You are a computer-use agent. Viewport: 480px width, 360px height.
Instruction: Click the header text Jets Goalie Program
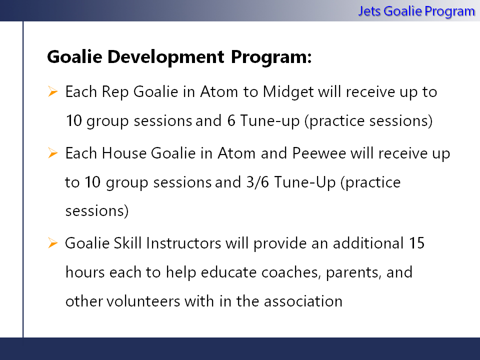416,11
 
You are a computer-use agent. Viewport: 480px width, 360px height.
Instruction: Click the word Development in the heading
166,57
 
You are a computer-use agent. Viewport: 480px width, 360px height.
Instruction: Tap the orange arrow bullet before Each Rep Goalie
52,91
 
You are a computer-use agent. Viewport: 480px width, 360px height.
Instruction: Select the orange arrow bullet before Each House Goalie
52,153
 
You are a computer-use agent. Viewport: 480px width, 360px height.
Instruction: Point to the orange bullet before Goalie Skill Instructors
52,243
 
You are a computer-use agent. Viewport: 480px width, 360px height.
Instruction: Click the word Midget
288,92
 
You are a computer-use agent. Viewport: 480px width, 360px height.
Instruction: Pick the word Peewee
319,153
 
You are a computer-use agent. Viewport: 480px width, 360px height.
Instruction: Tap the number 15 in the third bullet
417,243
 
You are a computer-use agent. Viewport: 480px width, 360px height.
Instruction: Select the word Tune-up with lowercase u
269,121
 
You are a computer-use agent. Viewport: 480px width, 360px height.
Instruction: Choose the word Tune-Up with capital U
304,182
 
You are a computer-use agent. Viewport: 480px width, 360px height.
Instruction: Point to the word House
124,153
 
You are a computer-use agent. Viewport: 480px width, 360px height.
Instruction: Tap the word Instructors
183,243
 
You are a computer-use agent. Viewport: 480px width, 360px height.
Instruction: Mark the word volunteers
143,301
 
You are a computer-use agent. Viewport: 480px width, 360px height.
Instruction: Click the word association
303,301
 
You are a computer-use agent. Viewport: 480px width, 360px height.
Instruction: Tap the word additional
368,243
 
